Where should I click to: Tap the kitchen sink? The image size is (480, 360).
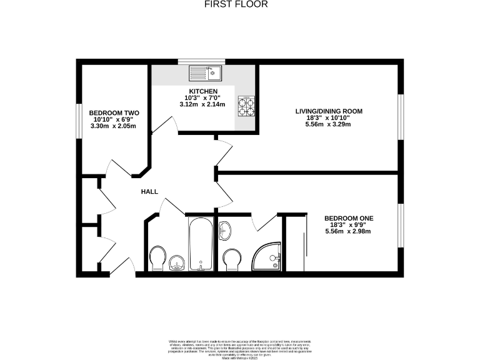(206, 73)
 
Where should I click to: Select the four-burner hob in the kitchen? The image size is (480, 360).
(246, 106)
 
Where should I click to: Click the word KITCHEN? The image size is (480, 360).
(203, 92)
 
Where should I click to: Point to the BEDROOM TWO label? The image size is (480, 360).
(114, 113)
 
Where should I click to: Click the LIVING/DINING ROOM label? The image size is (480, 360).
(329, 111)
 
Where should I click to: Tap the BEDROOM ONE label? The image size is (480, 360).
(348, 218)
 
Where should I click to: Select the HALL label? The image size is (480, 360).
(149, 192)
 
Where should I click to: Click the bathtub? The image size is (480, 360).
(201, 244)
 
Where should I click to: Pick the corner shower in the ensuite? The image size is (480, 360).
(267, 257)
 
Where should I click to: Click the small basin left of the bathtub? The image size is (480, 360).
(177, 262)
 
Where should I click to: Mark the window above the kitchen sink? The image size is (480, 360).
(201, 61)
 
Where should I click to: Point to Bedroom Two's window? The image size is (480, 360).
(78, 119)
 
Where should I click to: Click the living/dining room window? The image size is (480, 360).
(401, 116)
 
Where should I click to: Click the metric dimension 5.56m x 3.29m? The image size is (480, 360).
(329, 124)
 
